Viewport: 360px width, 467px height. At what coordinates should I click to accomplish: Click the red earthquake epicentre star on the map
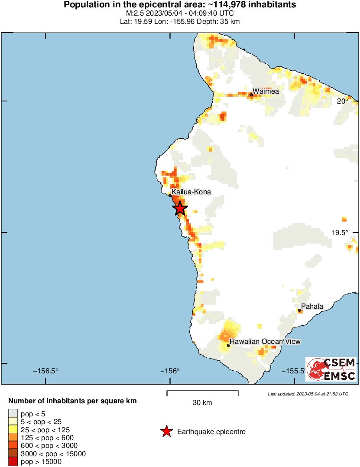(180, 209)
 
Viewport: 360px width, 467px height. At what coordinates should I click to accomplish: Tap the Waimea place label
(266, 91)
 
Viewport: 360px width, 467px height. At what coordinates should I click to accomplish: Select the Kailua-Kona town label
(191, 191)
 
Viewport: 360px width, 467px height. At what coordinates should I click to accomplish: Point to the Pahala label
(312, 307)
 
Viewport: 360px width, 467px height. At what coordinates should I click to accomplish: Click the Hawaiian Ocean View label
(265, 342)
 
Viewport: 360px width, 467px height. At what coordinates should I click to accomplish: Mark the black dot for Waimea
(251, 95)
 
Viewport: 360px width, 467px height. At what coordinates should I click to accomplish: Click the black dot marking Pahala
(299, 310)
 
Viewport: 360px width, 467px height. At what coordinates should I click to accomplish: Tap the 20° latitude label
(343, 101)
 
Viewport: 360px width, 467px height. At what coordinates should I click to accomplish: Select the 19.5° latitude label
(340, 232)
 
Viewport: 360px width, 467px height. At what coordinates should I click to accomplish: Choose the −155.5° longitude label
(294, 371)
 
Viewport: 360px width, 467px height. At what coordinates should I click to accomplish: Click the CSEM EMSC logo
(331, 369)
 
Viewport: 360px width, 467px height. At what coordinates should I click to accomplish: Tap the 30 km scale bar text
(202, 403)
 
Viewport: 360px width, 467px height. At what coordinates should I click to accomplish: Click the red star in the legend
(166, 431)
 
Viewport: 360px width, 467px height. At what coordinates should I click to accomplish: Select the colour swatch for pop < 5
(13, 414)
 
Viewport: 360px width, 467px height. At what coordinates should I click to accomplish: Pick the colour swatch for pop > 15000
(13, 462)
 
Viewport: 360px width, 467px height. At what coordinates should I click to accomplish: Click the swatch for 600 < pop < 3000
(13, 446)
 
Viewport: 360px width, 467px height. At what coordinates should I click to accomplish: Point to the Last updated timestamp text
(308, 394)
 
